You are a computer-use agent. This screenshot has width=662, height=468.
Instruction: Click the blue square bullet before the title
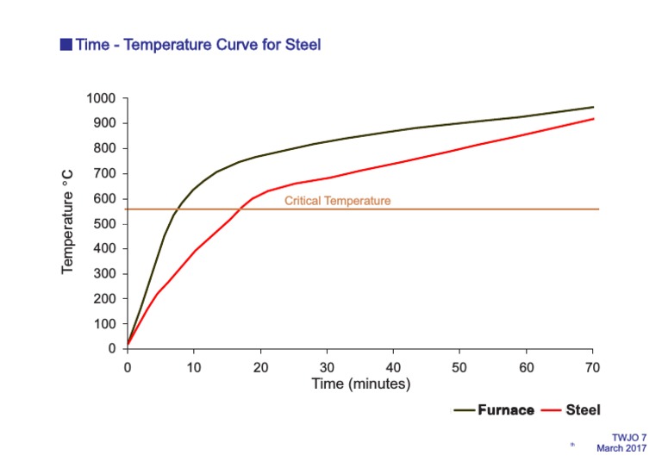(x=66, y=45)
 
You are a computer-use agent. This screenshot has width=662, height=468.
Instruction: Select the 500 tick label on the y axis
(x=106, y=224)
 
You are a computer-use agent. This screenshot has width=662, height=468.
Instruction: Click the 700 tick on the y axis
(x=106, y=174)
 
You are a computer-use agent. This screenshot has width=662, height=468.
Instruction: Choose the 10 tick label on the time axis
(x=194, y=365)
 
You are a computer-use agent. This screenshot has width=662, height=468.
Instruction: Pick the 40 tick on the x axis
(x=393, y=365)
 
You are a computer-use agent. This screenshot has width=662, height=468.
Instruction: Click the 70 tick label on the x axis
(x=592, y=365)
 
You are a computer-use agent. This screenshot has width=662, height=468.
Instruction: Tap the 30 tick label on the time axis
(x=327, y=365)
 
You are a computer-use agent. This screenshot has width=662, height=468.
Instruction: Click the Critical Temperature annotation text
(x=337, y=201)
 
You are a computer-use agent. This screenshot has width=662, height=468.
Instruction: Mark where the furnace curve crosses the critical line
(x=177, y=209)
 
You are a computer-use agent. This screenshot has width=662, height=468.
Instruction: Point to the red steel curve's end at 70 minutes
(x=593, y=118)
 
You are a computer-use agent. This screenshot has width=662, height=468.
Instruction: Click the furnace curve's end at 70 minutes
(x=593, y=107)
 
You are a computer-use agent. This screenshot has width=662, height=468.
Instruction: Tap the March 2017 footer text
(x=621, y=447)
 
